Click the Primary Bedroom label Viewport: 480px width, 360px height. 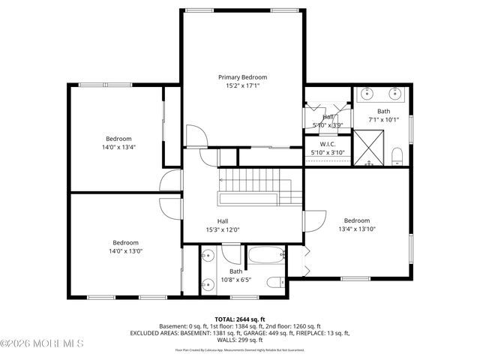(242, 77)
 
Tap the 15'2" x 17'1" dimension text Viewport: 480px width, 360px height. (242, 86)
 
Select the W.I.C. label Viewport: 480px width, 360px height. (327, 144)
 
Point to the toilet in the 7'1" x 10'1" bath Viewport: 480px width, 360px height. (398, 155)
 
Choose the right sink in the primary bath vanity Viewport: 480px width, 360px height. (396, 94)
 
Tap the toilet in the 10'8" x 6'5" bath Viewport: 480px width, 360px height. (275, 282)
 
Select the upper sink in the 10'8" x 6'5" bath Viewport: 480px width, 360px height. (207, 256)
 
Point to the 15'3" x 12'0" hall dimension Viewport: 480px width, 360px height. (223, 230)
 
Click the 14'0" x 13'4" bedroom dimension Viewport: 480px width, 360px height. (118, 147)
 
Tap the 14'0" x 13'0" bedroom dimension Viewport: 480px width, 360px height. (126, 251)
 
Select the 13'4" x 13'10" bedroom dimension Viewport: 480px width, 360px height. (357, 229)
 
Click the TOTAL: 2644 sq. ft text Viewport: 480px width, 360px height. (239, 319)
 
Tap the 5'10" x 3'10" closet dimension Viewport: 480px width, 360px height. (327, 153)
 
